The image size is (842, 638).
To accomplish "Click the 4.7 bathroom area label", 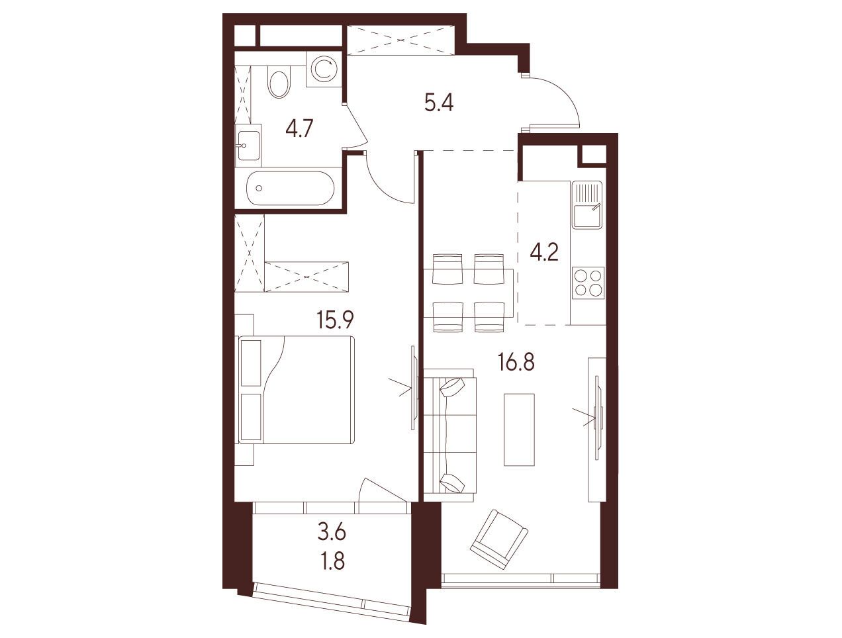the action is [x=300, y=128].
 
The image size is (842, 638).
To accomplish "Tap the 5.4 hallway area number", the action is [x=439, y=103].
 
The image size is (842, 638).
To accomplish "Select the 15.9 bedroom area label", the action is [x=335, y=320].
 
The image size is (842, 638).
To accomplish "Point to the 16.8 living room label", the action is [x=516, y=361].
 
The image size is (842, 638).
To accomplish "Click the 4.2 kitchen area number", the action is [x=544, y=252].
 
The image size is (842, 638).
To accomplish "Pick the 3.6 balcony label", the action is [x=332, y=533].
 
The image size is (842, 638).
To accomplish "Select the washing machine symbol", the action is [x=324, y=69].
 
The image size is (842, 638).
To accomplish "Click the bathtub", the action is [x=291, y=188].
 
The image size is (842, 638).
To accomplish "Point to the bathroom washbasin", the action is [x=248, y=145].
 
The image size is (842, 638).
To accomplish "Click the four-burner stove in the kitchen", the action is [x=588, y=283].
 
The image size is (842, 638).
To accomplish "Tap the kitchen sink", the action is [x=587, y=205].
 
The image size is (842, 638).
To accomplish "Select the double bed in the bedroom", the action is [x=296, y=390].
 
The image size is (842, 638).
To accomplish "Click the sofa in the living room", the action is [x=449, y=435].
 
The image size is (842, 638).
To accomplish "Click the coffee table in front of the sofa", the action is [x=519, y=430].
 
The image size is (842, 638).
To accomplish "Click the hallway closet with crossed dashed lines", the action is [x=401, y=40].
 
